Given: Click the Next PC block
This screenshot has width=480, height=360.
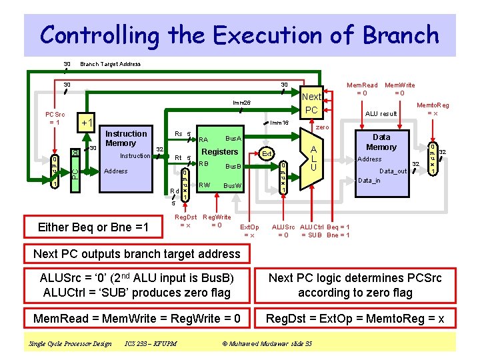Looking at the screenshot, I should point(311,103).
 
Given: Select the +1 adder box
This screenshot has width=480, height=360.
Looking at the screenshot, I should point(87,123).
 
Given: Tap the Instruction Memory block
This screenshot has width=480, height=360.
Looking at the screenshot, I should point(126,157).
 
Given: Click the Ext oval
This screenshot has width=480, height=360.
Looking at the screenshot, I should point(265,154).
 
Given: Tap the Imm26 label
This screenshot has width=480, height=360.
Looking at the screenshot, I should point(241,102).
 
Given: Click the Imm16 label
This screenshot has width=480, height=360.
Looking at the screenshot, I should point(279,123).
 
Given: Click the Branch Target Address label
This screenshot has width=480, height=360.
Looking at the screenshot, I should point(110,64).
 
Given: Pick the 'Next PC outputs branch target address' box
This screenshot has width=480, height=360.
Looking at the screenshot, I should point(137,253).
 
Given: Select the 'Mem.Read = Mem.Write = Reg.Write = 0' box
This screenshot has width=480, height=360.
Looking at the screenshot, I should point(137,319).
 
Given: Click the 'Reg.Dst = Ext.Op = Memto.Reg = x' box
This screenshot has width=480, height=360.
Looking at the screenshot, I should point(355,319).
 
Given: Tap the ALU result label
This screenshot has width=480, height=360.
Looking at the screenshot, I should point(381,114).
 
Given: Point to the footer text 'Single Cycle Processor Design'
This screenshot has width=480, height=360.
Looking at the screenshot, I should point(70,343).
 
